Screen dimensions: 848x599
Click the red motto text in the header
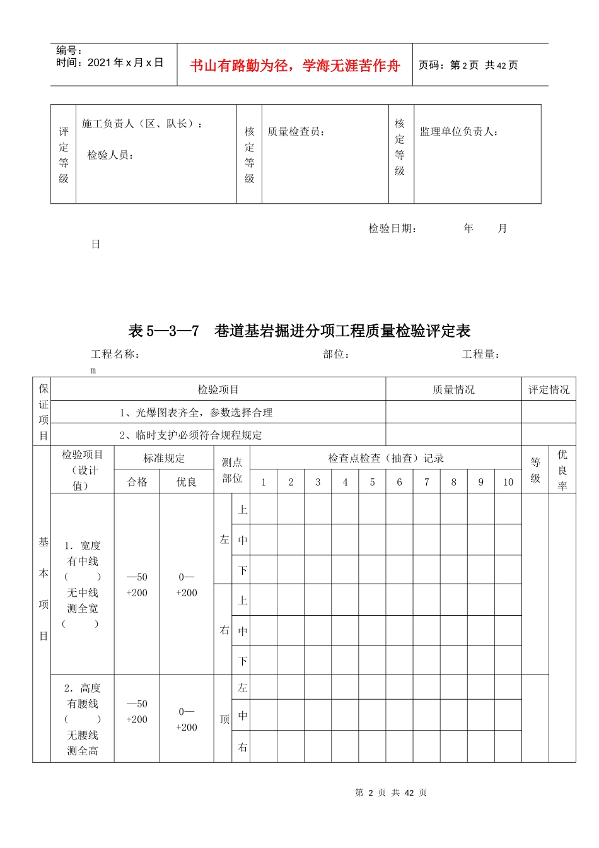[294, 66]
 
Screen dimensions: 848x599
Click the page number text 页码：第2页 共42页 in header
[468, 66]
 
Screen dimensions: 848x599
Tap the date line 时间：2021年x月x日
[110, 62]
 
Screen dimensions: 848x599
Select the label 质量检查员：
[296, 132]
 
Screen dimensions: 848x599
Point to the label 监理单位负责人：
[460, 132]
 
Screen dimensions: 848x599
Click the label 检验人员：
[111, 155]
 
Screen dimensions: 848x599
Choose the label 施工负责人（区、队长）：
[142, 124]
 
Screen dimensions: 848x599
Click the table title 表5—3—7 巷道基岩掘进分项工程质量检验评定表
[299, 331]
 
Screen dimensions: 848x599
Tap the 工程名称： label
[115, 355]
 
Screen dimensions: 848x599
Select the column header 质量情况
[453, 390]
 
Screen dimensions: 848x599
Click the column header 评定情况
[549, 390]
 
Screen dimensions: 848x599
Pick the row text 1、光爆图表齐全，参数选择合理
[196, 413]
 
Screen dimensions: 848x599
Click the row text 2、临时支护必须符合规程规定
[190, 435]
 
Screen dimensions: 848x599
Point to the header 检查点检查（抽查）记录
[386, 459]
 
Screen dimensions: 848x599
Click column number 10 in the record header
[508, 482]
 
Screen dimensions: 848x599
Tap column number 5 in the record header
[372, 482]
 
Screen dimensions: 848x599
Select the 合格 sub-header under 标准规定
[137, 482]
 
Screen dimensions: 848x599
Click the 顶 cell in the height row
[224, 719]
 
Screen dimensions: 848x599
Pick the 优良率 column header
[562, 470]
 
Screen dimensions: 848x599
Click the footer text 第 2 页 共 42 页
[391, 793]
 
